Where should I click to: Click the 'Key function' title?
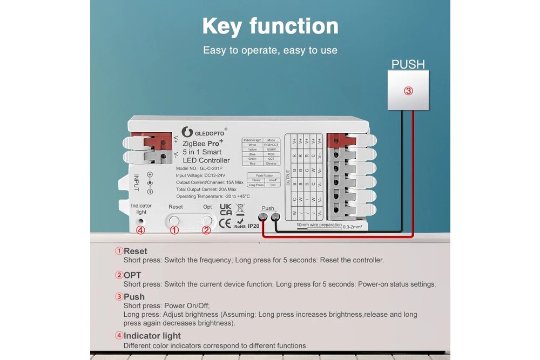click(x=270, y=26)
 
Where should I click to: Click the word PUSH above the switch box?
click(x=408, y=64)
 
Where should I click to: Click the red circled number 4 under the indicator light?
click(x=140, y=230)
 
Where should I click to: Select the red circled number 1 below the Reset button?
click(x=174, y=230)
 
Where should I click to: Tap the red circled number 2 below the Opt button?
click(x=206, y=230)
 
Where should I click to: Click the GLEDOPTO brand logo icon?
click(x=187, y=132)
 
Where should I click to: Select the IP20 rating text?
click(x=254, y=227)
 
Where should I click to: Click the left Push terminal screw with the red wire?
click(x=263, y=218)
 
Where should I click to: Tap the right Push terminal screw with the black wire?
click(x=275, y=218)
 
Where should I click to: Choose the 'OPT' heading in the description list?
click(x=132, y=275)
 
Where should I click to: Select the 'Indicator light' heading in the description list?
click(x=152, y=336)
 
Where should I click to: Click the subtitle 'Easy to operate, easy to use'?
click(x=270, y=50)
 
